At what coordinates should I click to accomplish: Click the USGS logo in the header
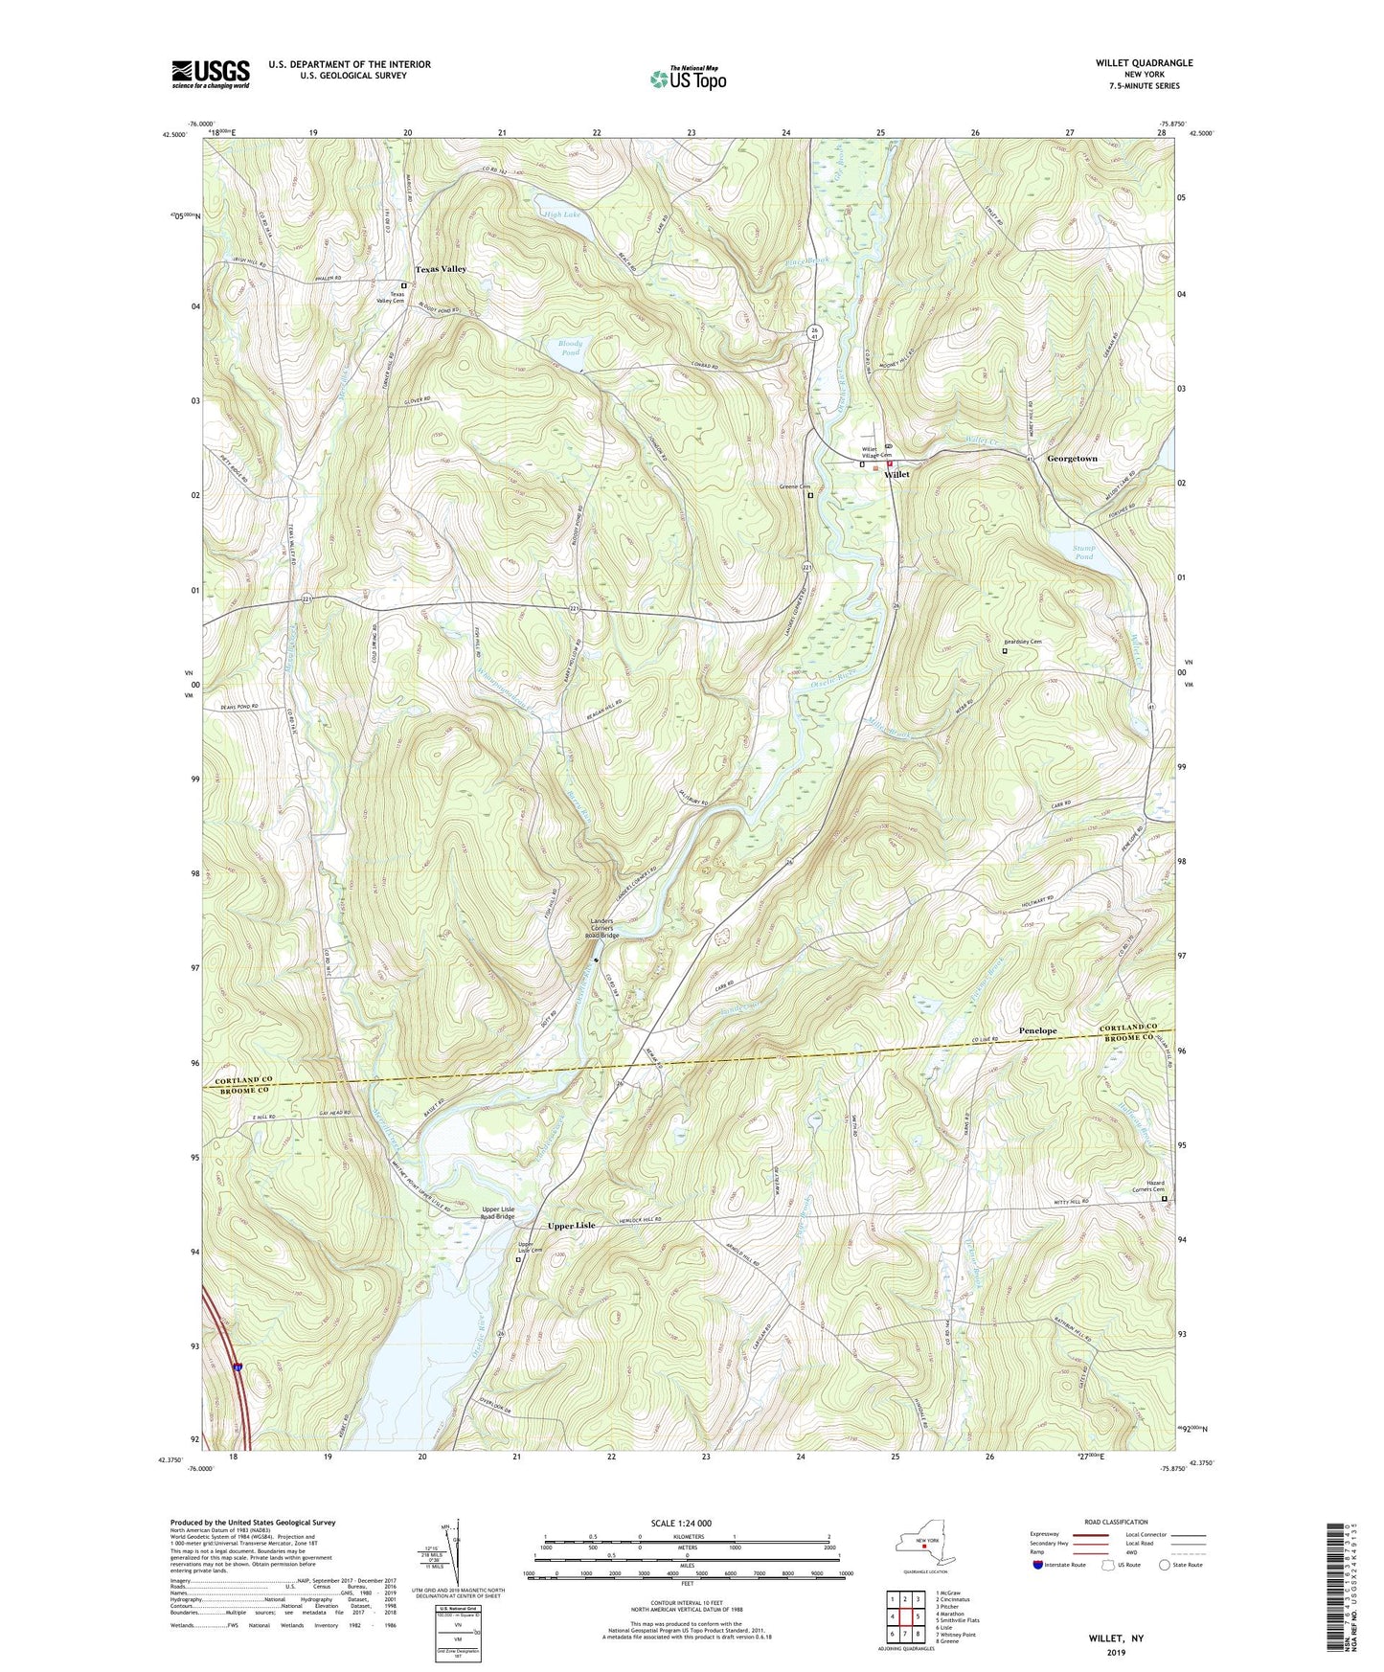[x=210, y=74]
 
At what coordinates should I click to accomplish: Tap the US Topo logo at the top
[x=687, y=79]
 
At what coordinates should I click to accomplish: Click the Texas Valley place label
[x=440, y=269]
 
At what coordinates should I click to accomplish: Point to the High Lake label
[x=562, y=215]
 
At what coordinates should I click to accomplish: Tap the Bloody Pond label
[x=570, y=348]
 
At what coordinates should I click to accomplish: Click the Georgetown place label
[x=1072, y=459]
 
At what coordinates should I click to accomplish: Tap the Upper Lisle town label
[x=571, y=1226]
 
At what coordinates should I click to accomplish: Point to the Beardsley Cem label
[x=1022, y=642]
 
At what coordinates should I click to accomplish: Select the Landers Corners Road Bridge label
[x=603, y=929]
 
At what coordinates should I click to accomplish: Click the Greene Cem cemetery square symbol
[x=810, y=496]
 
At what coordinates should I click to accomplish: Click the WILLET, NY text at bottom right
[x=1115, y=1638]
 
